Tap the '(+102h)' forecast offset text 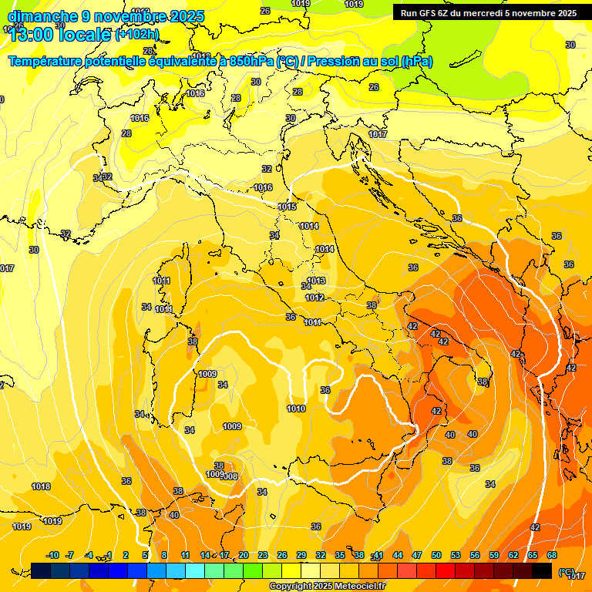(136, 34)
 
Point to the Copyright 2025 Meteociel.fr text (328, 587)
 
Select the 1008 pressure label (229, 476)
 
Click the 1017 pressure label (378, 134)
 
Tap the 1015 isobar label (288, 207)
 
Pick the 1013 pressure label (317, 281)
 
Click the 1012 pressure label (314, 298)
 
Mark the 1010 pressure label (296, 409)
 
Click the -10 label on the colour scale (52, 555)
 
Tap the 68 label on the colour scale (552, 555)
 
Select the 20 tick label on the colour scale (244, 555)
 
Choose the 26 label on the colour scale (282, 555)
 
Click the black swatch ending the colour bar (542, 570)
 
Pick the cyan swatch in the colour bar (195, 570)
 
